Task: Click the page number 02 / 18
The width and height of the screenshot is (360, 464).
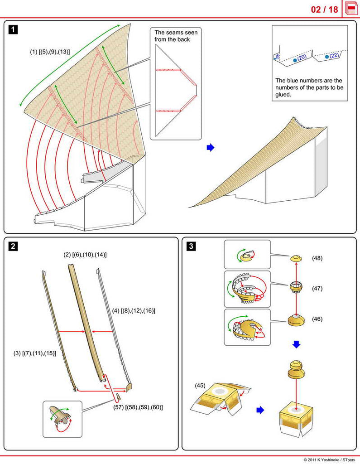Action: pos(324,10)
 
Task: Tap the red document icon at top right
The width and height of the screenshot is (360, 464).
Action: pos(351,9)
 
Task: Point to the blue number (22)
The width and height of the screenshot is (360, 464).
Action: pos(334,56)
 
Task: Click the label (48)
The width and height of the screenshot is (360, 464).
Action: pos(317,258)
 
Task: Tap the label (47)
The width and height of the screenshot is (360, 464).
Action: pos(317,288)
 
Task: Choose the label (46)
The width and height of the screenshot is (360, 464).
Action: pos(317,319)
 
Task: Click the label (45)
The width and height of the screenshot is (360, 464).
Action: pos(201,386)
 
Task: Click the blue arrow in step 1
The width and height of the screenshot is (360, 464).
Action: pos(210,148)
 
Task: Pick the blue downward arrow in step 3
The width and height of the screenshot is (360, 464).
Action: pos(296,345)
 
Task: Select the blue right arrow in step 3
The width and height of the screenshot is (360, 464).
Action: pos(260,410)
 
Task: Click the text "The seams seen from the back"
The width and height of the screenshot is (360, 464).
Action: pos(172,36)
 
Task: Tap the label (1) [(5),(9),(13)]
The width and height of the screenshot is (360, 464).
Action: pos(50,52)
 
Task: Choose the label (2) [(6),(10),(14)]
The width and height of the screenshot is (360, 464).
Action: pos(85,255)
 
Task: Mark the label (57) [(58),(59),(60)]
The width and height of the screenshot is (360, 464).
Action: pos(138,407)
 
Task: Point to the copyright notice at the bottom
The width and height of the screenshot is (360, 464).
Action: pos(330,459)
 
